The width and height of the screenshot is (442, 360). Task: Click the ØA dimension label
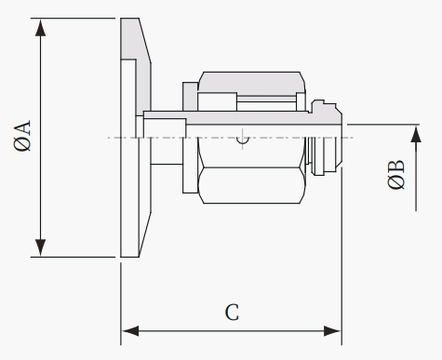coord(22,136)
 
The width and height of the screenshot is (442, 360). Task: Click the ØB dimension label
coord(396,174)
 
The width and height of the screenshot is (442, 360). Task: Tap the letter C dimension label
coord(232,313)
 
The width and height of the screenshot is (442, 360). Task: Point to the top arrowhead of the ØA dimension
coord(41,30)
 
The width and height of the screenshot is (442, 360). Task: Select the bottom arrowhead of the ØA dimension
coord(41,247)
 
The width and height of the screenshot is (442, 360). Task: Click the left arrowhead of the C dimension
coord(130,331)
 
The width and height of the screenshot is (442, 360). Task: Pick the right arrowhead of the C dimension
coord(332,331)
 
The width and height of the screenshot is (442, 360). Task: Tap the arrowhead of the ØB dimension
coord(416,135)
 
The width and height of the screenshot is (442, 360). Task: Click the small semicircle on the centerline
coord(243,140)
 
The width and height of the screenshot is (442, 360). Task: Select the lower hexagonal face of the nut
coord(251,185)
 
